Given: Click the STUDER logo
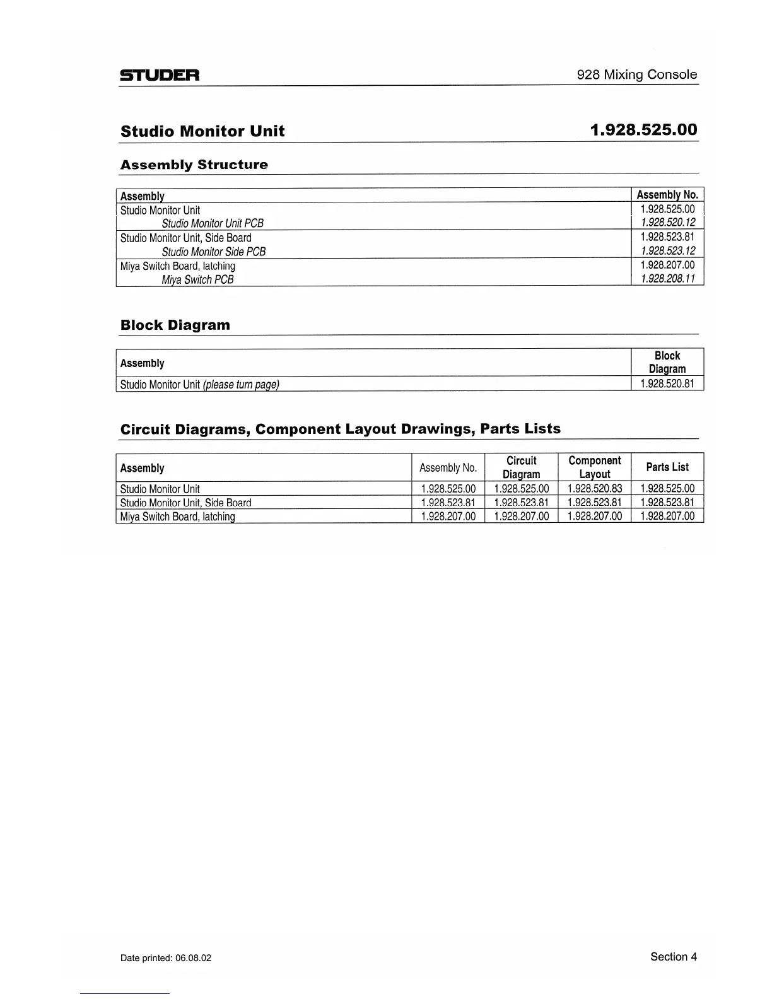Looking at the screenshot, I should coord(160,76).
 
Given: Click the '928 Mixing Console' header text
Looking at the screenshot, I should coord(636,74).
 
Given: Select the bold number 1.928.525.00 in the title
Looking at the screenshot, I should coord(643,130).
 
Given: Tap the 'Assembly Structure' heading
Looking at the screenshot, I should coord(194,165).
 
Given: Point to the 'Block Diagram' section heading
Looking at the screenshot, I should coord(175,325).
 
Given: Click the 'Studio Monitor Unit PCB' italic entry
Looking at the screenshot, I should coord(213,223).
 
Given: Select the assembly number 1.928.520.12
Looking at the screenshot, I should coord(667,223).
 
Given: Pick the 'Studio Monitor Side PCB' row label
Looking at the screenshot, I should coord(213,252).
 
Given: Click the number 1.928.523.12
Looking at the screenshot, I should coord(667,250).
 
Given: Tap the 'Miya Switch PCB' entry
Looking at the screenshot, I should coord(197,279).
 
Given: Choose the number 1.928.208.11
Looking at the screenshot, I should coord(667,279).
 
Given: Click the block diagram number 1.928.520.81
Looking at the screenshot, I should coord(667,383).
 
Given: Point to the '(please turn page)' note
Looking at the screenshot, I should coord(241,384).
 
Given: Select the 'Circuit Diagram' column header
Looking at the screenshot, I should coord(521,467).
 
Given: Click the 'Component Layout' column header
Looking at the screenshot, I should coord(594,467).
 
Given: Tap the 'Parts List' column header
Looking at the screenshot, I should coord(667,467).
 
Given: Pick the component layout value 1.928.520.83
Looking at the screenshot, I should coord(594,489).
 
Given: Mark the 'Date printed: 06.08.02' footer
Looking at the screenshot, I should coord(166,958).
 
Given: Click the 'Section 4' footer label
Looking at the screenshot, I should coord(673,957).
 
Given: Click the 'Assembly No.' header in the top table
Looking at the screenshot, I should coord(667,195).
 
